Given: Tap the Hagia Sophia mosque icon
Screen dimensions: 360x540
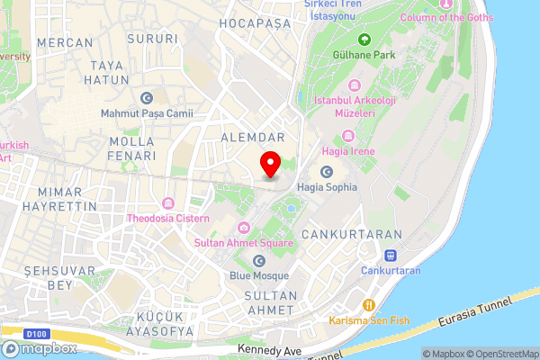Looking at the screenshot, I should (326, 172).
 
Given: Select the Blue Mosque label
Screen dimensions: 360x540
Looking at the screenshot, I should (258, 275).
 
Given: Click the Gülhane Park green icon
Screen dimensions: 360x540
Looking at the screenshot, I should (364, 40).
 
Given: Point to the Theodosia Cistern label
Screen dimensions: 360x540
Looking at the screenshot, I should (168, 218).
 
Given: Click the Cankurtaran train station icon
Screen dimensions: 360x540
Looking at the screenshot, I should (391, 255).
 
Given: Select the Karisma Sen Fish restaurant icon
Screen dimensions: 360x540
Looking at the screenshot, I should (368, 304).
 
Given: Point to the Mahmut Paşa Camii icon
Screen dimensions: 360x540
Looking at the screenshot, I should (147, 98).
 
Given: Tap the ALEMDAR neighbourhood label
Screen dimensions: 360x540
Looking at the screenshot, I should (253, 137).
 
